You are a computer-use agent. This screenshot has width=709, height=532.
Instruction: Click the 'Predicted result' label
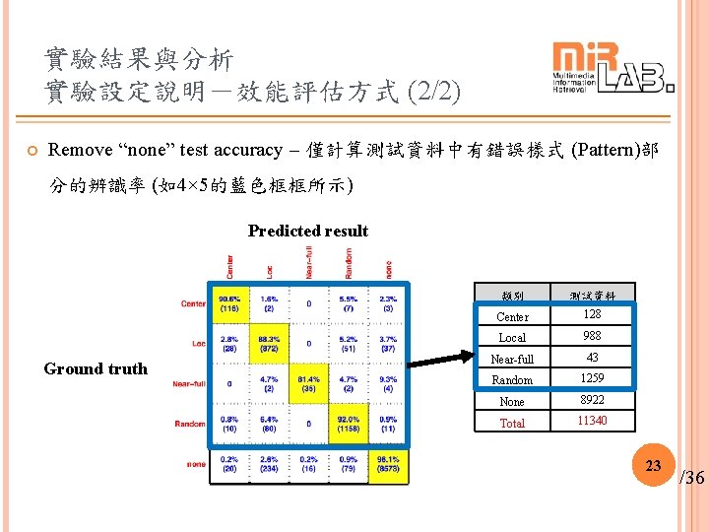click(x=307, y=231)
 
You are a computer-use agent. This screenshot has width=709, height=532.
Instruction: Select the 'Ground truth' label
click(x=96, y=368)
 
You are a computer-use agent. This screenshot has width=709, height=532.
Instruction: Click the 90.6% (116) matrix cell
click(x=229, y=302)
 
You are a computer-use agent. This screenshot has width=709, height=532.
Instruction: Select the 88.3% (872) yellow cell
click(x=269, y=344)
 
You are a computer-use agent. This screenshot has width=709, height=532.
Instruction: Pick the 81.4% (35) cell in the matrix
click(x=308, y=383)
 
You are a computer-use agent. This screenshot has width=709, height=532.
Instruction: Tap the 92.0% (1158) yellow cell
click(x=348, y=424)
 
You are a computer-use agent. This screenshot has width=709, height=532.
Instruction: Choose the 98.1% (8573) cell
click(x=388, y=464)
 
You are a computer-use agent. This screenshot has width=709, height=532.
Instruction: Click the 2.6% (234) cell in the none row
click(x=269, y=464)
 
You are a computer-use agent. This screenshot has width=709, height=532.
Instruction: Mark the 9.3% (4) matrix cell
click(x=388, y=383)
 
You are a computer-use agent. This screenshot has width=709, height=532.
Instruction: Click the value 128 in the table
click(x=592, y=314)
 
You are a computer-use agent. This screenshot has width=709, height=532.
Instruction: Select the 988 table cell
click(x=592, y=336)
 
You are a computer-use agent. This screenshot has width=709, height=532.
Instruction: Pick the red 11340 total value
click(x=592, y=421)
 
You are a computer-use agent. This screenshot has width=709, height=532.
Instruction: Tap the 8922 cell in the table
click(x=592, y=400)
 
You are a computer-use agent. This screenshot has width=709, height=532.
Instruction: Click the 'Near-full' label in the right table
click(x=512, y=359)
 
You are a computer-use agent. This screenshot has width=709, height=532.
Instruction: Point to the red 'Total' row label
click(x=512, y=423)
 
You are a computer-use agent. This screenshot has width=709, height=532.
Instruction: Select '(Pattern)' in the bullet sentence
click(x=603, y=150)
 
